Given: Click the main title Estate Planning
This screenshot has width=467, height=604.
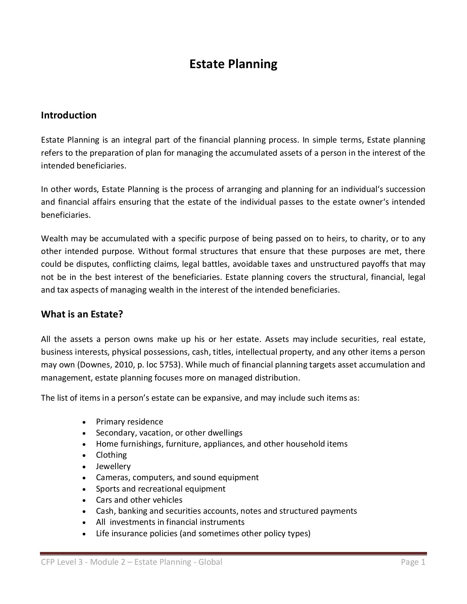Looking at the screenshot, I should (233, 64).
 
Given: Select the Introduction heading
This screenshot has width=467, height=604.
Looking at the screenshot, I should (68, 115).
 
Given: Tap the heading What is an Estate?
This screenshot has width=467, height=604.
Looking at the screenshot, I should (82, 314).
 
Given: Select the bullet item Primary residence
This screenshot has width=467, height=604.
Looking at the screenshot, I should (129, 422).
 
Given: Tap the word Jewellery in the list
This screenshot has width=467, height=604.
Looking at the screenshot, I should (113, 466).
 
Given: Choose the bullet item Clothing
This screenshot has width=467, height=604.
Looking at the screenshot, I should (111, 455).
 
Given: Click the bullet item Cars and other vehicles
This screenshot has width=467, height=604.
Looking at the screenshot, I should (139, 500).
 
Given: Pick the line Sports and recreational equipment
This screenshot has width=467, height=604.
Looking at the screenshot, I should (160, 489).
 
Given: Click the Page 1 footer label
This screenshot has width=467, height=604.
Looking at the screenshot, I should (413, 562).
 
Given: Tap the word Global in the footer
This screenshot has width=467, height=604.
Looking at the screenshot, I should (210, 562).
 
